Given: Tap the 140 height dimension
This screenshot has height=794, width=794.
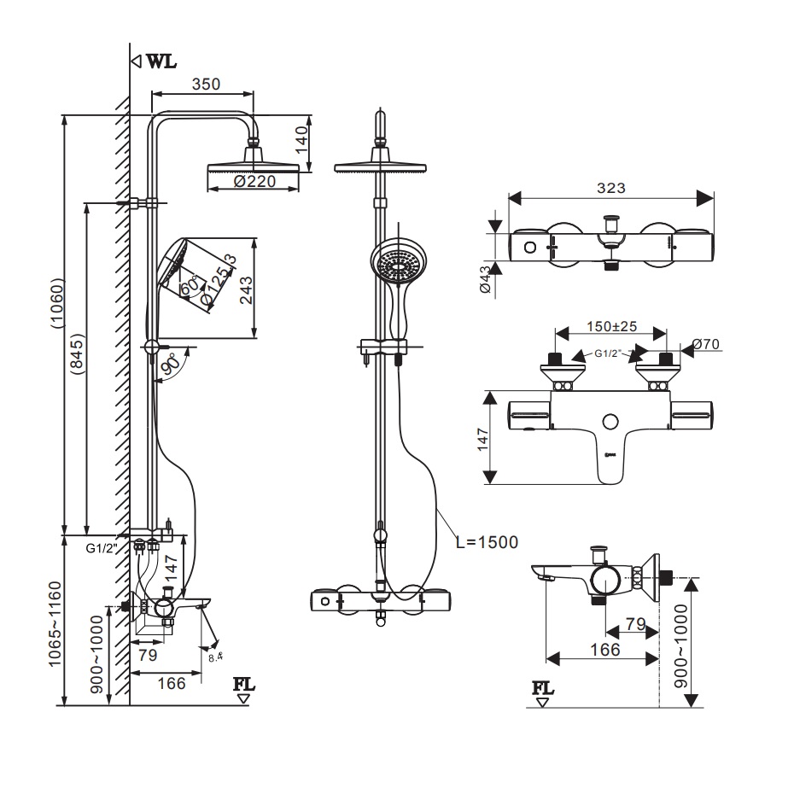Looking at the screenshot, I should click(298, 137).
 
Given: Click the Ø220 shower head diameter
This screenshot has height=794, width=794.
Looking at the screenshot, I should click(252, 182).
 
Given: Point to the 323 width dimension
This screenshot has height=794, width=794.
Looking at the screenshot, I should click(611, 189).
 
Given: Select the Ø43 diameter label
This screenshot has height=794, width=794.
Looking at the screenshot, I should click(486, 280).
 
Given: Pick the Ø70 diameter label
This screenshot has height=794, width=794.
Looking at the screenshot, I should click(706, 344).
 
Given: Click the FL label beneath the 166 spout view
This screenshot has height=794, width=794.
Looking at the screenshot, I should click(542, 687).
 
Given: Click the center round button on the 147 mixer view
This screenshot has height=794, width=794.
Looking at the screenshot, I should click(610, 421).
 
